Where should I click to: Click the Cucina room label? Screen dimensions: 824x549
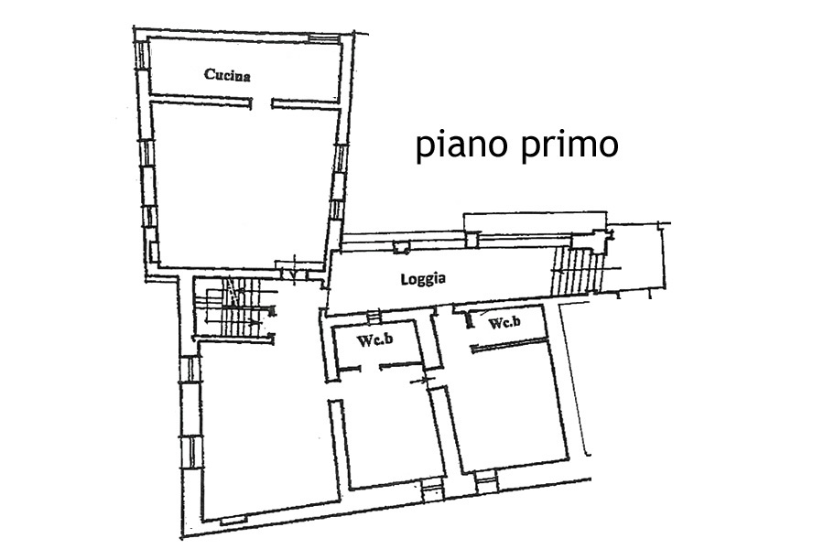(227, 75)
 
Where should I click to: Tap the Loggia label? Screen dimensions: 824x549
(423, 278)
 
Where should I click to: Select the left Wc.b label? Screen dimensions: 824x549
(374, 339)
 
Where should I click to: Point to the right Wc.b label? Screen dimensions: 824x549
(504, 322)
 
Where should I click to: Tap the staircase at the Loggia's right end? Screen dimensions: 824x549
(577, 271)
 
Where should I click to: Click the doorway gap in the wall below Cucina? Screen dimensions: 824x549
(262, 103)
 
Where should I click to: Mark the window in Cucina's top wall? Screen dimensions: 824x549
(324, 38)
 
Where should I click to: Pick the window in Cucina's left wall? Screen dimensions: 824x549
(142, 54)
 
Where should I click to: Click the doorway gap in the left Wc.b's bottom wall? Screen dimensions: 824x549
(371, 367)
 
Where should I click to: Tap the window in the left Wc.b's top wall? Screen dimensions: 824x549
(373, 317)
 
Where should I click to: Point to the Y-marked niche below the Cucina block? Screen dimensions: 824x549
(292, 273)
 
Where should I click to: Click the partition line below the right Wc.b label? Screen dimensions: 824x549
(510, 345)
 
